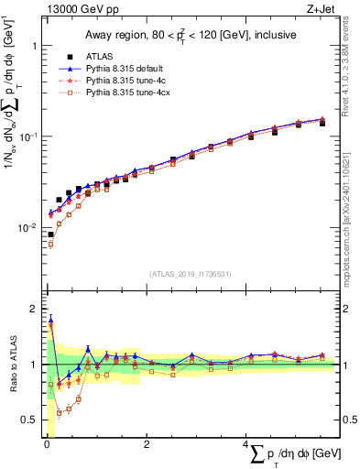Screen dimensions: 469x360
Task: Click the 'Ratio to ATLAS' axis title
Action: [x=11, y=365]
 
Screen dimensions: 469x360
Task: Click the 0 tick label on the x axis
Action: [x=45, y=443]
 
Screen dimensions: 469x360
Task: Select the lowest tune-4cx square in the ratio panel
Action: [x=60, y=413]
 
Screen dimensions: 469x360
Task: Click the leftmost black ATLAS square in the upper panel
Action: [x=50, y=234]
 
